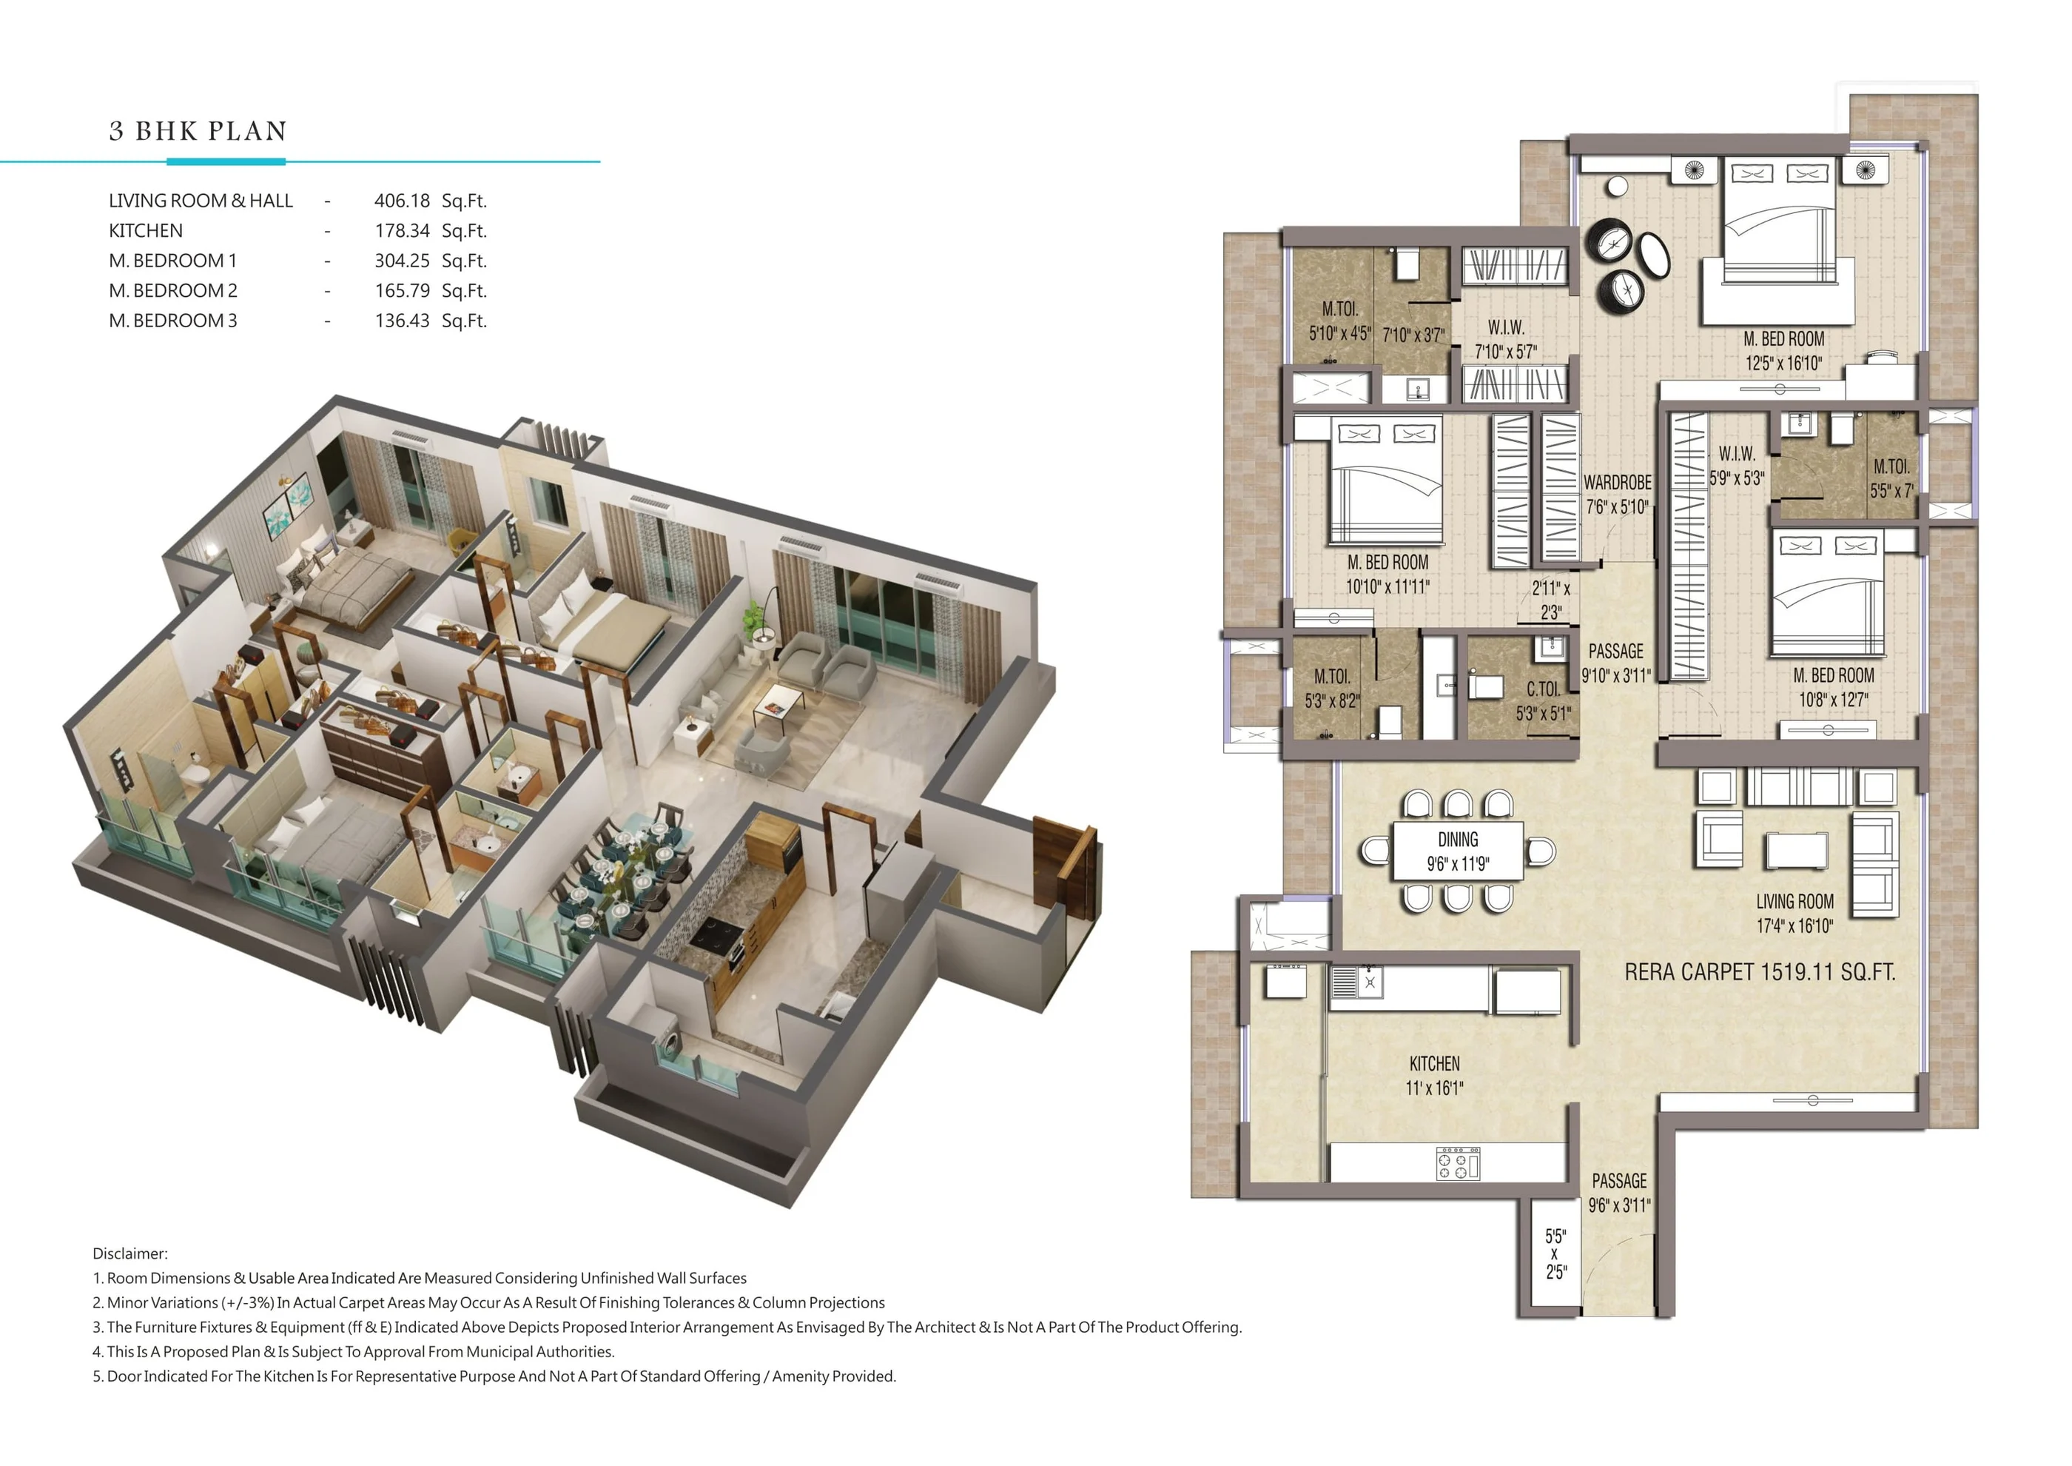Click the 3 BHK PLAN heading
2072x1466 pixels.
pyautogui.click(x=198, y=132)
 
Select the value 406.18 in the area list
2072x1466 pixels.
pyautogui.click(x=402, y=201)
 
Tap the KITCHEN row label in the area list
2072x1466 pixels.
pyautogui.click(x=145, y=230)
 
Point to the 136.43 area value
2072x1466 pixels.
pyautogui.click(x=402, y=321)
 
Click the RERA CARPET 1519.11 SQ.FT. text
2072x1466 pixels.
pyautogui.click(x=1759, y=972)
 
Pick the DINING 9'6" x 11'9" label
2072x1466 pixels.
pyautogui.click(x=1458, y=851)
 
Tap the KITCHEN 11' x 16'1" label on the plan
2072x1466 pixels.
pyautogui.click(x=1434, y=1075)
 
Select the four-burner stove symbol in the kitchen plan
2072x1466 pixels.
pyautogui.click(x=1458, y=1164)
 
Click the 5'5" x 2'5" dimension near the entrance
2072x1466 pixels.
pyautogui.click(x=1555, y=1254)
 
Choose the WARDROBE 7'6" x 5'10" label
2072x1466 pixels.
pyautogui.click(x=1617, y=494)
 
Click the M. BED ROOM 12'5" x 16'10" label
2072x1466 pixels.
pyautogui.click(x=1783, y=350)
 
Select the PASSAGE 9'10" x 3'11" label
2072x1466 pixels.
pyautogui.click(x=1615, y=663)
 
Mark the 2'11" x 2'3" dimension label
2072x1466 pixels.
pyautogui.click(x=1550, y=600)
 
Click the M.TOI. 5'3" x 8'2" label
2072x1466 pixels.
pyautogui.click(x=1331, y=688)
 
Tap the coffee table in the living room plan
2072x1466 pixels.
pyautogui.click(x=1796, y=850)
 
